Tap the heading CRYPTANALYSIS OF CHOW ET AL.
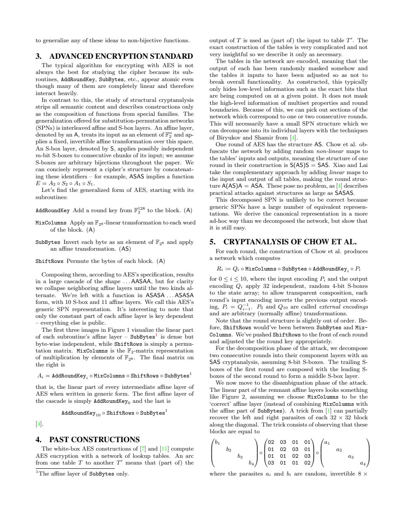pos(283,242)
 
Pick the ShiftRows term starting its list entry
pos(49,261)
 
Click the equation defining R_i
pos(288,269)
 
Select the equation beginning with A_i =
pos(114,375)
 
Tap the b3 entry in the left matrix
pos(240,457)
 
